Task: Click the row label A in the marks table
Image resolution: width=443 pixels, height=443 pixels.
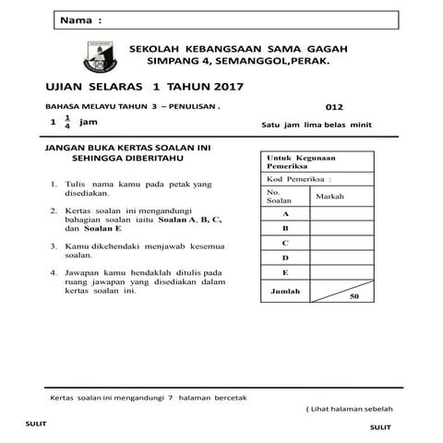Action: click(x=286, y=212)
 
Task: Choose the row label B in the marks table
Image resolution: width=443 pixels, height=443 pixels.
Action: click(x=286, y=227)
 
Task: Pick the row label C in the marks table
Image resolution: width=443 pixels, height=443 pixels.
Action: click(x=286, y=243)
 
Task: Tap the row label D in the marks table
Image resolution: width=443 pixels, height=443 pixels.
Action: click(x=286, y=257)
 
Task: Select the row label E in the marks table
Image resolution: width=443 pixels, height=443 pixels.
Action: click(x=286, y=273)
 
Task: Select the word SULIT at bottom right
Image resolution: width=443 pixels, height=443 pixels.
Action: click(x=379, y=427)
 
